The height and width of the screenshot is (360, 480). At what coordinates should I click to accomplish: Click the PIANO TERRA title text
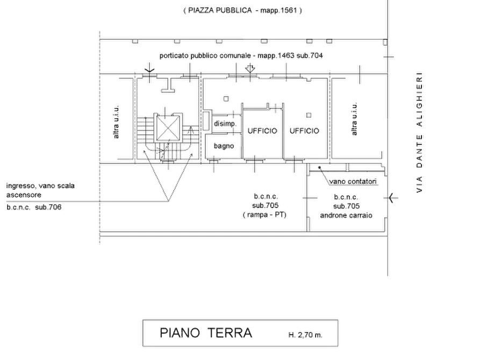coord(206,333)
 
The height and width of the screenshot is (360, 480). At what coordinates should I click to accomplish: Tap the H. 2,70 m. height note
coord(305,335)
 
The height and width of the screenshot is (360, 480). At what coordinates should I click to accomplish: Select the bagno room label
coord(224,146)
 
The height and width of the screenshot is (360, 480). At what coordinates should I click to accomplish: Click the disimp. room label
coord(225,124)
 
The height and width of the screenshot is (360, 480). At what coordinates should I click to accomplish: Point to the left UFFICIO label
coord(262,131)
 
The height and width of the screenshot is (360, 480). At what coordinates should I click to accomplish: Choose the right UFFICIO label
coord(304,131)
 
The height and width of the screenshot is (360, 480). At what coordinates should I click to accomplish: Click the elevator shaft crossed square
coord(167,128)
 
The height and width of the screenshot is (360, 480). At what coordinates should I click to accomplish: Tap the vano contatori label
coord(353,182)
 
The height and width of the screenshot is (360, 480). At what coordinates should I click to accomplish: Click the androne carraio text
coord(346,215)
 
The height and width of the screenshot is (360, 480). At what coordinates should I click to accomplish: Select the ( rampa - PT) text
coord(264,214)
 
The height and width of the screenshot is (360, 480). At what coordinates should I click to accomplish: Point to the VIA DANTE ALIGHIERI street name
coord(419,132)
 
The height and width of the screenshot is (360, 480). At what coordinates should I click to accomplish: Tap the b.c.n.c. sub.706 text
coord(34,207)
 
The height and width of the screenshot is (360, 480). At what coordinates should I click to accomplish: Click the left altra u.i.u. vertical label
coord(116,122)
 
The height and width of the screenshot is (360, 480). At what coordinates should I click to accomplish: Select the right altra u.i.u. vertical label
coord(354,119)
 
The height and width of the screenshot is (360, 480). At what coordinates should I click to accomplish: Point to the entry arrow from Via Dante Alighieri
coord(393,198)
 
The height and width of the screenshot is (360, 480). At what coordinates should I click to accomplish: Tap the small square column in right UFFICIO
coord(309,115)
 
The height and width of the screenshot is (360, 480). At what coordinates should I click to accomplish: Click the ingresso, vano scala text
coord(40,186)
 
